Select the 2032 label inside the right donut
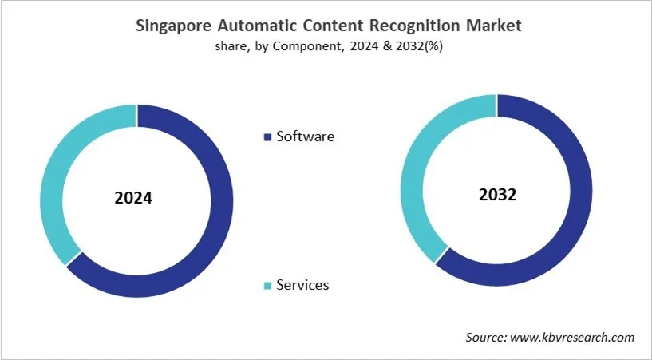(x=497, y=193)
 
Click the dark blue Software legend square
(x=267, y=137)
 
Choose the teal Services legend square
(x=267, y=286)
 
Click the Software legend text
(x=305, y=136)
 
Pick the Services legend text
(x=302, y=285)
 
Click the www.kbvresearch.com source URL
(x=571, y=338)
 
